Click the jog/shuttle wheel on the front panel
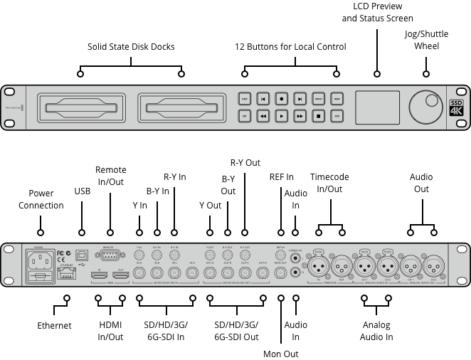point(426,107)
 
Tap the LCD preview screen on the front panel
point(377,107)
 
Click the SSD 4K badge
point(456,107)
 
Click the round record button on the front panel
point(282,99)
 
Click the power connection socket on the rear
point(38,268)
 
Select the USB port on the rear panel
point(82,254)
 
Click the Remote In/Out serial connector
point(110,256)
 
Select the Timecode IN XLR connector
point(318,265)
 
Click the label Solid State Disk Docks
point(131,47)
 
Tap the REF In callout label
point(281,176)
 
